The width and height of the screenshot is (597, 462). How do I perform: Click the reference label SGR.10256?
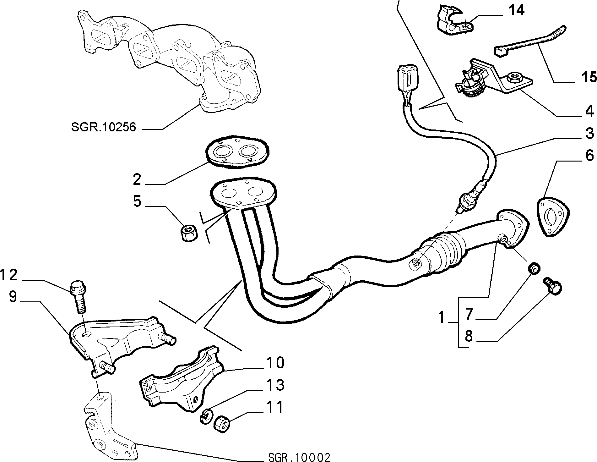(104, 127)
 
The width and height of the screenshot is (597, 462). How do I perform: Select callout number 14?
(516, 11)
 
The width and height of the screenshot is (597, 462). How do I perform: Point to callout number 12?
(9, 275)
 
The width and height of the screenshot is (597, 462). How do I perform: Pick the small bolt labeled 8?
(552, 284)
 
